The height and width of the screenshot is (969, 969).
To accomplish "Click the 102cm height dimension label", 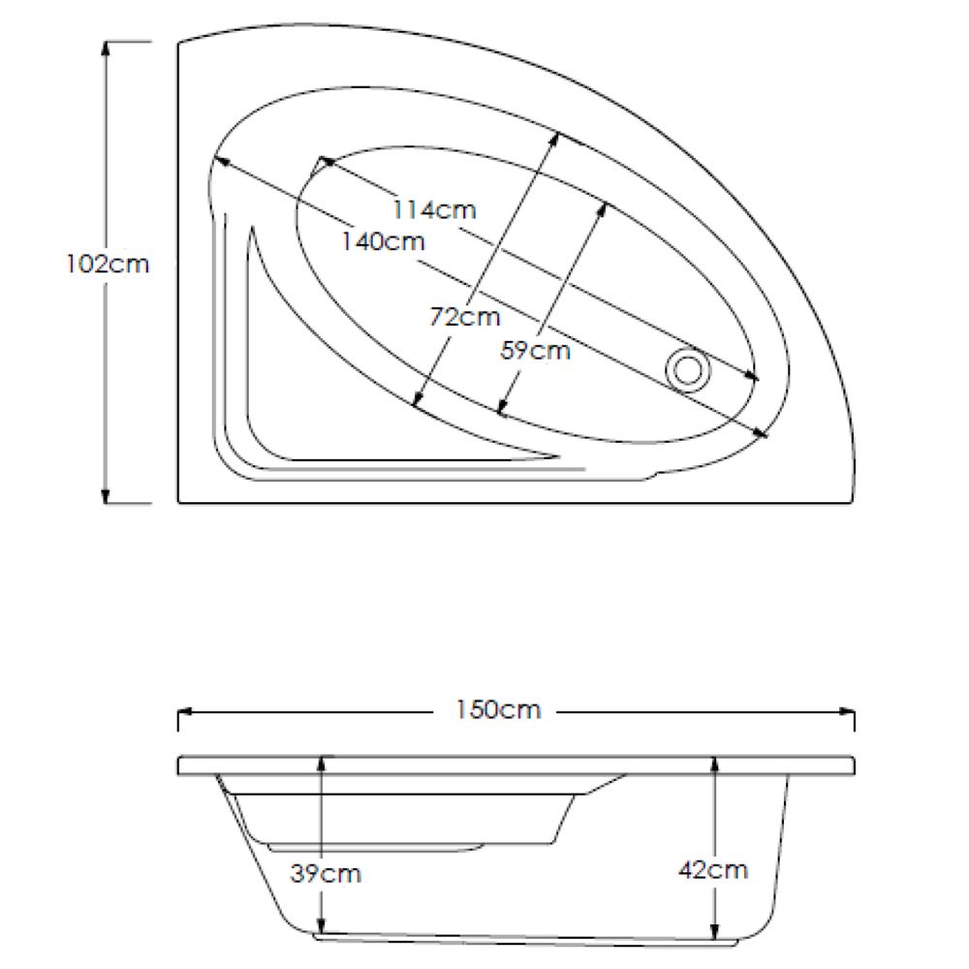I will [108, 264].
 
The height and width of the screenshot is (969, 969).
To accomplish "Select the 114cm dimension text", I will [434, 208].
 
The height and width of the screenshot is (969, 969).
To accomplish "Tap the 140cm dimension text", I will [384, 240].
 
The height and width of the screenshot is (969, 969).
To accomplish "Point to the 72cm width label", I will [465, 316].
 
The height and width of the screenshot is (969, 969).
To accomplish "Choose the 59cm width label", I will [535, 350].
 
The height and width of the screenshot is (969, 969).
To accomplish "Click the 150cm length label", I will [498, 709].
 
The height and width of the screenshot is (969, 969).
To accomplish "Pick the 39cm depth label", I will [326, 873].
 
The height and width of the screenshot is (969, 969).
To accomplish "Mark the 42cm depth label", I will [713, 869].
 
